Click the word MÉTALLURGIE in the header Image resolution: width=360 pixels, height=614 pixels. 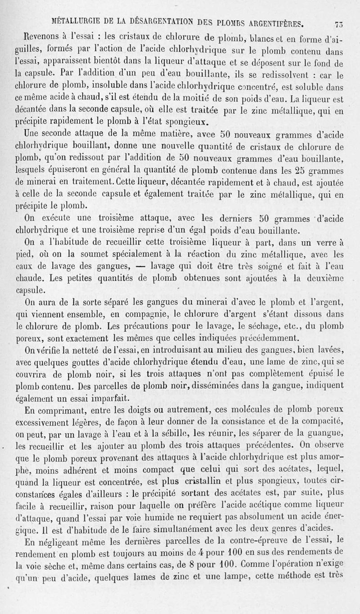pyautogui.click(x=76, y=21)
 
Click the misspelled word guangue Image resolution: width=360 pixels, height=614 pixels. pyautogui.click(x=328, y=434)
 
